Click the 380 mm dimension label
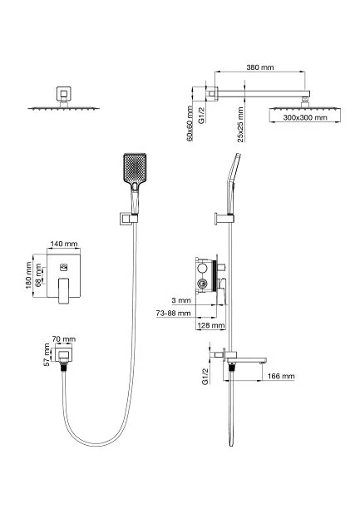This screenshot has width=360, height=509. (x=260, y=67)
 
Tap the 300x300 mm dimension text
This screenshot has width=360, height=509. (x=305, y=117)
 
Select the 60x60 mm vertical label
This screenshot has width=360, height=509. (x=190, y=123)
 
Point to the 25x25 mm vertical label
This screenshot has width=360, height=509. (x=240, y=125)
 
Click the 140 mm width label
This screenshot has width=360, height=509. (x=64, y=244)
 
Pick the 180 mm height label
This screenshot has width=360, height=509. (x=28, y=275)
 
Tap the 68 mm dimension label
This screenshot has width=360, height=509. (x=38, y=274)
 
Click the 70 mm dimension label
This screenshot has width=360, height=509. (x=64, y=339)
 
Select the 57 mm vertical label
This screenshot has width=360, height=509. (x=47, y=355)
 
